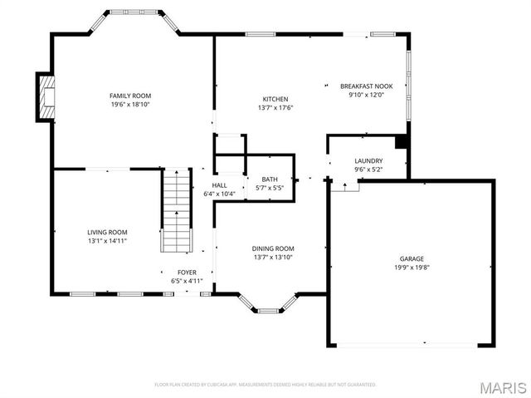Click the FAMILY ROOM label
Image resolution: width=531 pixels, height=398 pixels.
130,96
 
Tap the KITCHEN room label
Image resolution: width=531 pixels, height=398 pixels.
275,99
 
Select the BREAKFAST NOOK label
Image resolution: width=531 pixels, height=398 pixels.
366,86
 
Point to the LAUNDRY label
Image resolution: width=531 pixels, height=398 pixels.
368,160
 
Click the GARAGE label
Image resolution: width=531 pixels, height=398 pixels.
412,258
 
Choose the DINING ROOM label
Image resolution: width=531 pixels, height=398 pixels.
273,248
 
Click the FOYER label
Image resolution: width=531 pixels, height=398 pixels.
187,272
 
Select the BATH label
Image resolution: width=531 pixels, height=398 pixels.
270,179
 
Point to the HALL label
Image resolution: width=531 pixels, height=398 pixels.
219,185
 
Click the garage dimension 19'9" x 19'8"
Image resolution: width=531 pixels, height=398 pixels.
412,268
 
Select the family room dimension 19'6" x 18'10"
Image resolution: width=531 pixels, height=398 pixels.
130,106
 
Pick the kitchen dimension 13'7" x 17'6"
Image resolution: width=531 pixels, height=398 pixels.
275,108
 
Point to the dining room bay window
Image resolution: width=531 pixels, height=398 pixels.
267,304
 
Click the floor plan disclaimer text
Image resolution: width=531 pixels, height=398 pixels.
265,385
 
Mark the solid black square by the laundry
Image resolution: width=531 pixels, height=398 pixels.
402,141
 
